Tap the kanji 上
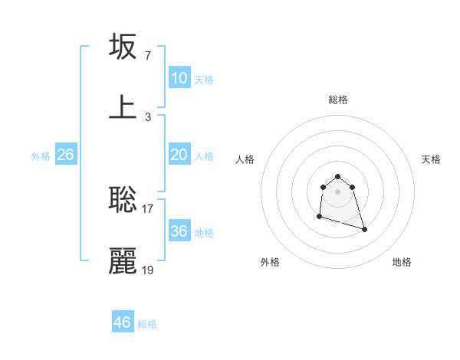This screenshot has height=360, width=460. pos(123,107)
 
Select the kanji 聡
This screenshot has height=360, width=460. pos(123,199)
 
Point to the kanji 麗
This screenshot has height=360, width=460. pos(123,261)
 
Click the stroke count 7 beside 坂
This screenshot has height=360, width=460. pos(147,55)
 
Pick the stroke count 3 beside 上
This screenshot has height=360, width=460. pos(147,116)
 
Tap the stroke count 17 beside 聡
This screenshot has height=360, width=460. pos(148,208)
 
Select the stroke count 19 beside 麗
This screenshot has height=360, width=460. pos(148,270)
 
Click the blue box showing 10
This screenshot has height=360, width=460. pos(179,78)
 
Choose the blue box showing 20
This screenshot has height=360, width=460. pos(179,155)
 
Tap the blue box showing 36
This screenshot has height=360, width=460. pos(179,231)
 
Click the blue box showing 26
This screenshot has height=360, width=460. pos(65,155)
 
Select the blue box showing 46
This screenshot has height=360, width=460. pos(123,322)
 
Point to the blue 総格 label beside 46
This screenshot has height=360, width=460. pos(147,324)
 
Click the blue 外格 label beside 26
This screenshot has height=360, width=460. pos(41,156)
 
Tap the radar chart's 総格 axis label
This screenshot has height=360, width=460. pos(338,100)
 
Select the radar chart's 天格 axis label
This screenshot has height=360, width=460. pos(432,159)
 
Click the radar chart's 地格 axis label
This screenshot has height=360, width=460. pos(402,262)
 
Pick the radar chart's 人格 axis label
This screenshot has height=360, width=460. pos(245,159)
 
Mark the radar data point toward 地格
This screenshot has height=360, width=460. pos(364,229)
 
